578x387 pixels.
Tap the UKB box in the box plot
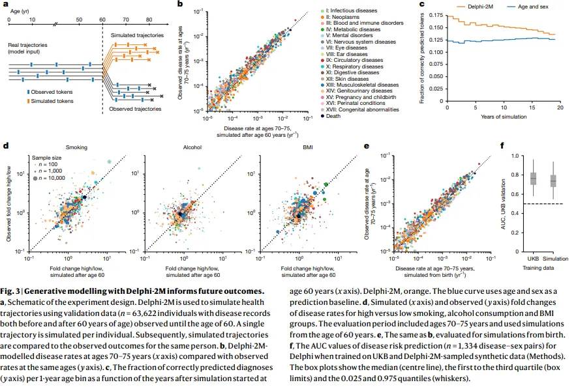(534, 177)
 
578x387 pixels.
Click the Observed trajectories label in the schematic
(135, 108)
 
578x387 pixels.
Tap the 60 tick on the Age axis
(102, 20)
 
